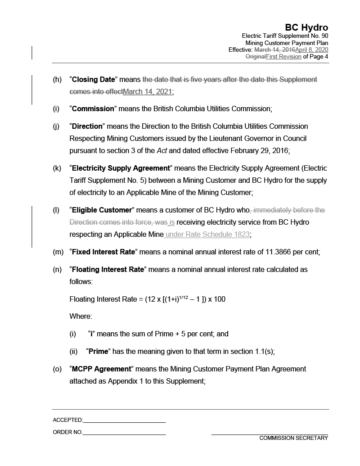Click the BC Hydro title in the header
[306, 28]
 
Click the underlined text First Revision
[283, 57]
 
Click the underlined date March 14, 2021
[147, 92]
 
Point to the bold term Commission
[93, 109]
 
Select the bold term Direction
[88, 126]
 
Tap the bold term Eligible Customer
[101, 210]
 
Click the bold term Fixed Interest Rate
[103, 252]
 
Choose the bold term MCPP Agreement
[101, 369]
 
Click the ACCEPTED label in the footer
[67, 420]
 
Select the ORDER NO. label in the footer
[67, 432]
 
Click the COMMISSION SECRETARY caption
[293, 438]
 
